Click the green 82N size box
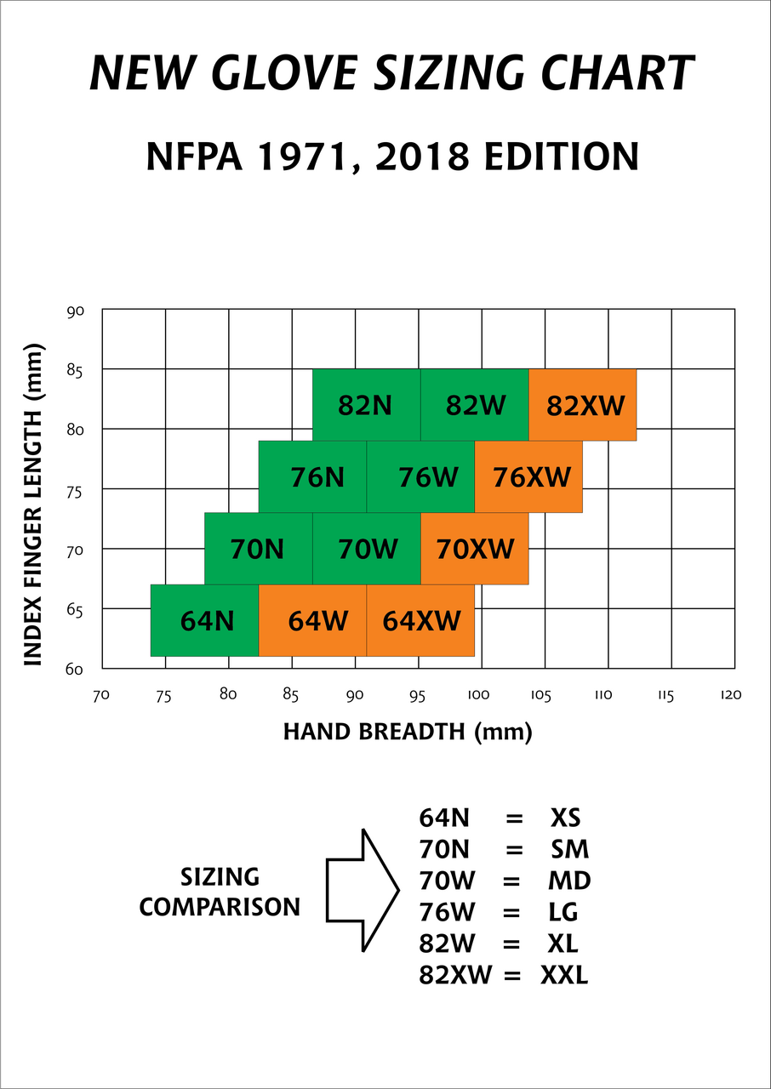tap(366, 405)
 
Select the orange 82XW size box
tap(583, 405)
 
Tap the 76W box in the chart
tap(420, 476)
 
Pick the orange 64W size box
tap(312, 620)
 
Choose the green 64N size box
tap(204, 620)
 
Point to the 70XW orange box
tap(475, 549)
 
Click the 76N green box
tap(312, 476)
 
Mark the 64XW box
tap(420, 620)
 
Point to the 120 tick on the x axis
tap(729, 695)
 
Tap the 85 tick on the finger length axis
tap(74, 371)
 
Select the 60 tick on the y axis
tap(74, 670)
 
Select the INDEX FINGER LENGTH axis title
tap(33, 490)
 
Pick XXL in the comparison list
tap(564, 975)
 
